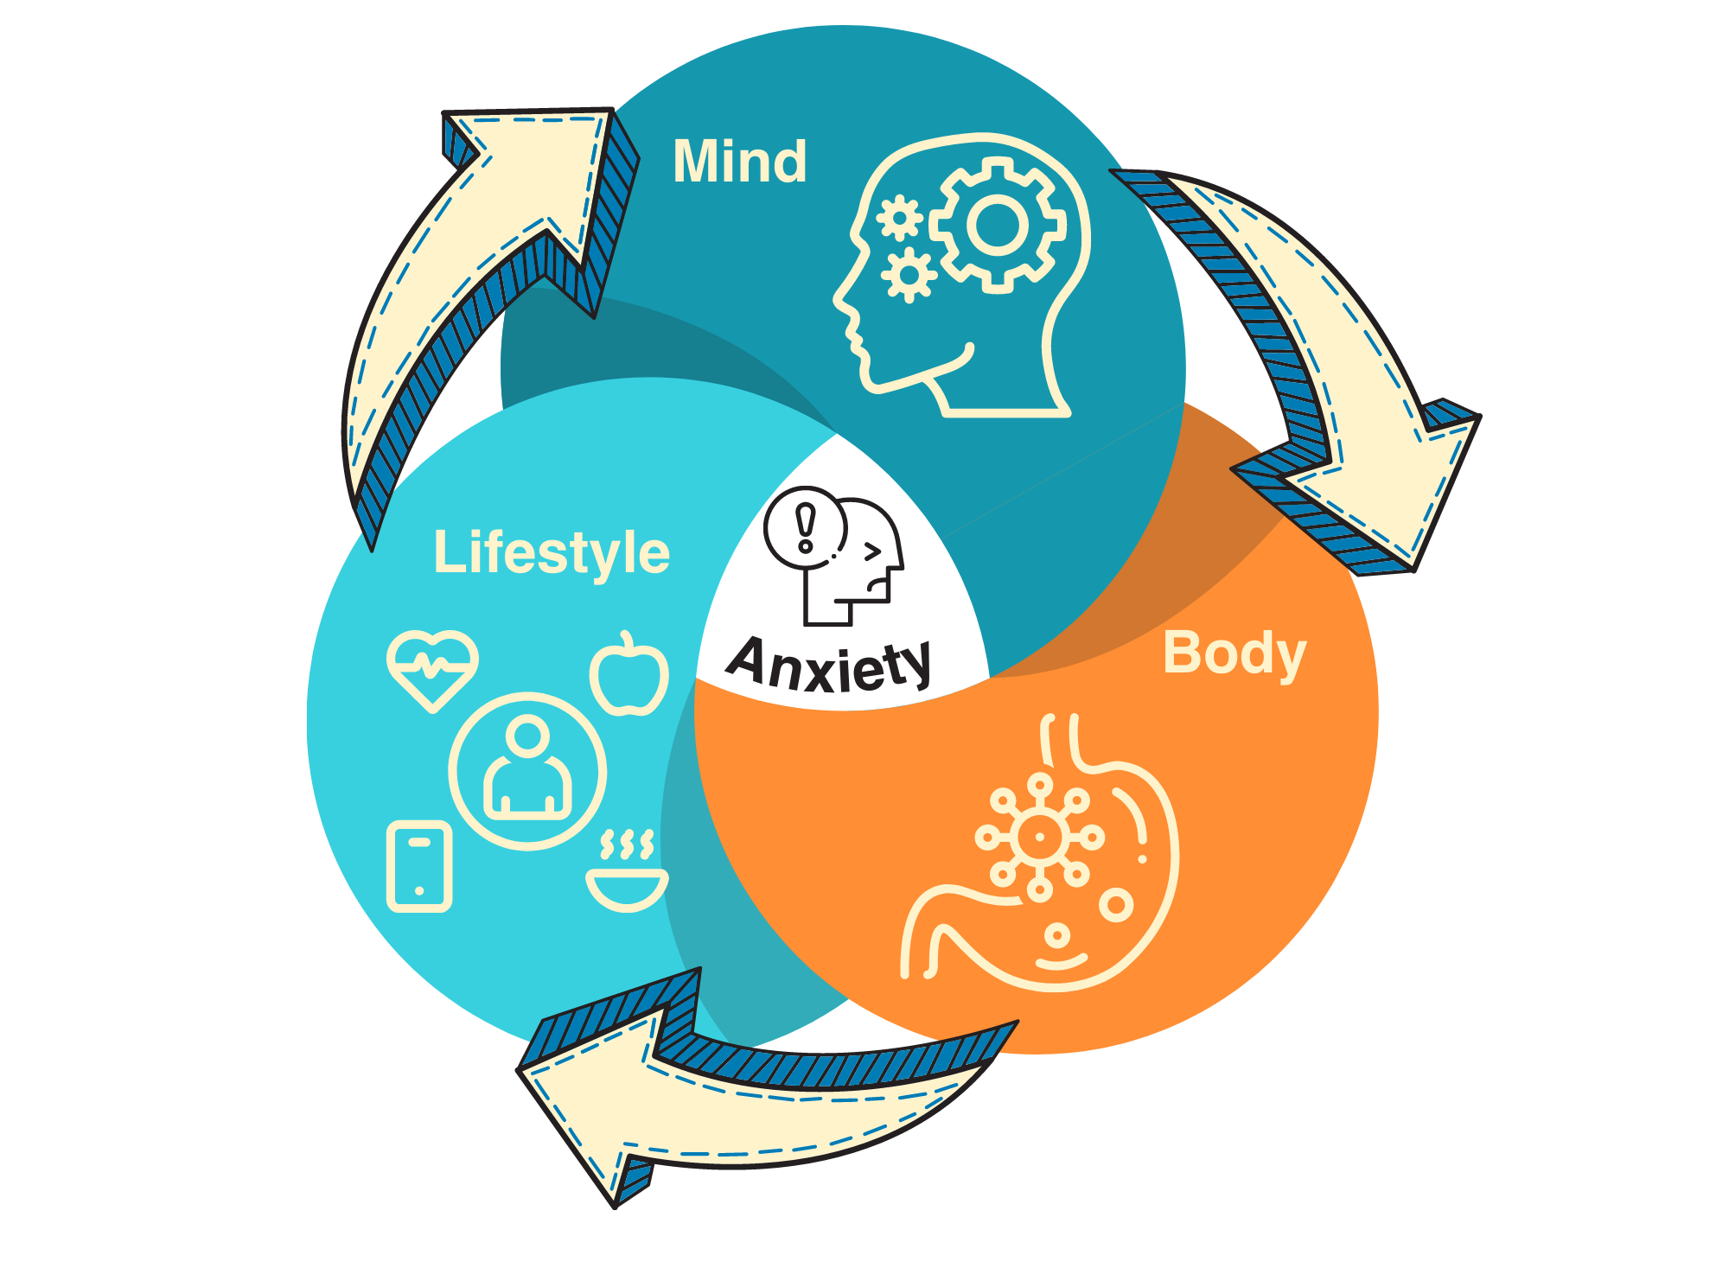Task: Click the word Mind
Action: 739,162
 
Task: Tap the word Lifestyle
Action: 552,553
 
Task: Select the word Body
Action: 1234,653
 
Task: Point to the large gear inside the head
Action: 997,225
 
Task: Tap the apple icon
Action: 629,678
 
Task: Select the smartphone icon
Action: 419,866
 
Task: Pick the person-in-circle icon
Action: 527,771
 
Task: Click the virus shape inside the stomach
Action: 1039,837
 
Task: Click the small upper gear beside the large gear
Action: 900,218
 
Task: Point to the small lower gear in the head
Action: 909,275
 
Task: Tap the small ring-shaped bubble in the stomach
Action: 1116,905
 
